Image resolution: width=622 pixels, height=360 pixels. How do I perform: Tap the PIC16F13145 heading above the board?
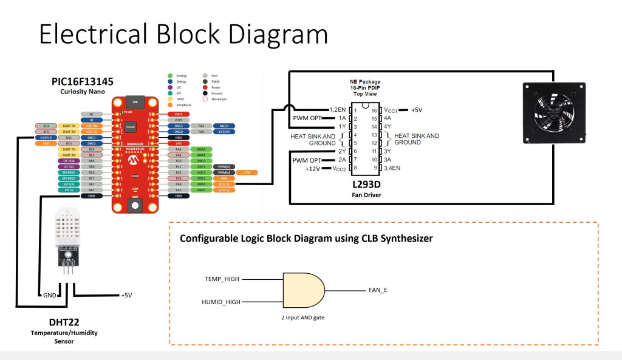click(83, 81)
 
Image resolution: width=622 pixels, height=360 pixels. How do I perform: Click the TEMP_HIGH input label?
click(222, 279)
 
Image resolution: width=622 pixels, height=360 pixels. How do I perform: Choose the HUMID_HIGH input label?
click(220, 302)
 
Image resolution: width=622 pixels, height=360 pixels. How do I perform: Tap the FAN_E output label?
click(378, 290)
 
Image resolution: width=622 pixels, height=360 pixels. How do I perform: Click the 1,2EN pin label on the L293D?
click(337, 110)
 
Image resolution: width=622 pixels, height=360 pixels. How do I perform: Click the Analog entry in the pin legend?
click(181, 76)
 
